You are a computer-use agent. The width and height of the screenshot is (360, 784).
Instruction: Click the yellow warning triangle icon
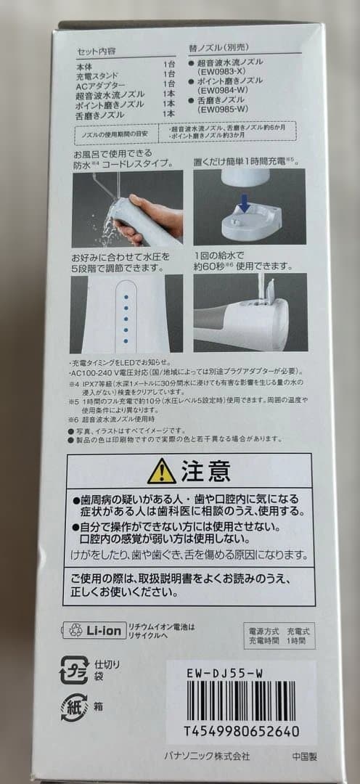pos(160,473)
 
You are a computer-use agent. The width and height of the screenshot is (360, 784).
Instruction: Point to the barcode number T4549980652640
pos(240,731)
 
